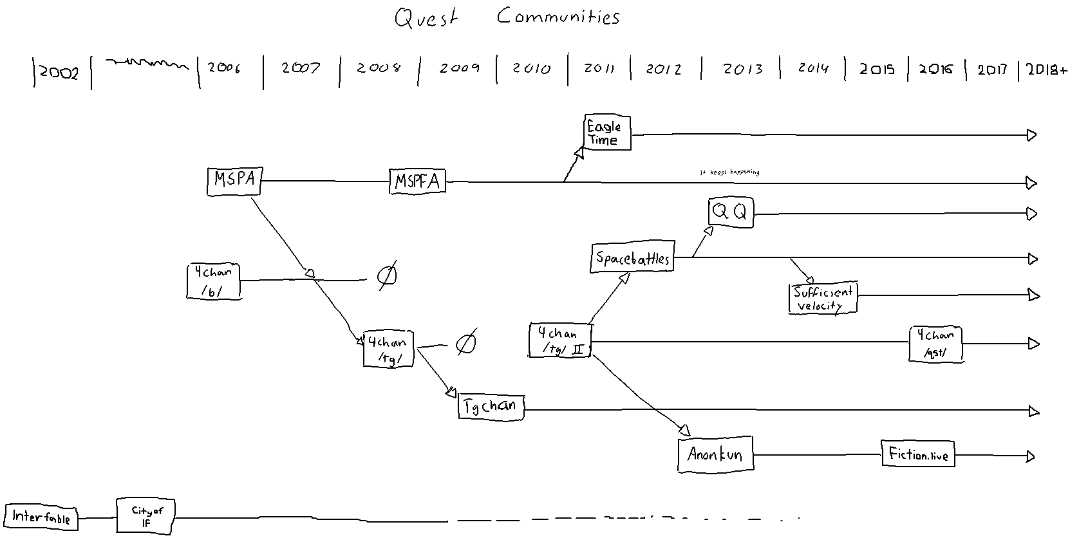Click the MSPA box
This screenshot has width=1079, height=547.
pyautogui.click(x=234, y=180)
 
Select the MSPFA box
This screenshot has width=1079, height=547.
pyautogui.click(x=417, y=181)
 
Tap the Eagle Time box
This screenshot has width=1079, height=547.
pyautogui.click(x=606, y=133)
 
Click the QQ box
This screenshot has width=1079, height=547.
pyautogui.click(x=731, y=212)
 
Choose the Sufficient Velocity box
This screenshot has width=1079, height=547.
pyautogui.click(x=823, y=298)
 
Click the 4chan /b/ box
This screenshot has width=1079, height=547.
pyautogui.click(x=213, y=281)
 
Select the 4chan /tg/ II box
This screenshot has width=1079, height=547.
pyautogui.click(x=559, y=341)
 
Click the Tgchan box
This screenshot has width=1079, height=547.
pyautogui.click(x=491, y=407)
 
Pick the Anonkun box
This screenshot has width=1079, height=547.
pyautogui.click(x=715, y=454)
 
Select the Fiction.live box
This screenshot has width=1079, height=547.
pyautogui.click(x=918, y=454)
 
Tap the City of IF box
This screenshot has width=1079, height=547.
pyautogui.click(x=145, y=516)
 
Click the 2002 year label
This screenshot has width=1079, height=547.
pyautogui.click(x=59, y=72)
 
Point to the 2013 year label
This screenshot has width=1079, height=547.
pyautogui.click(x=742, y=69)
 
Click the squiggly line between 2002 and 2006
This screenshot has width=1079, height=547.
pyautogui.click(x=147, y=63)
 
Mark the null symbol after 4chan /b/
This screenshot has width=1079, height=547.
pyautogui.click(x=386, y=276)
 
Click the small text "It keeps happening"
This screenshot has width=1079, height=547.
pyautogui.click(x=729, y=172)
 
